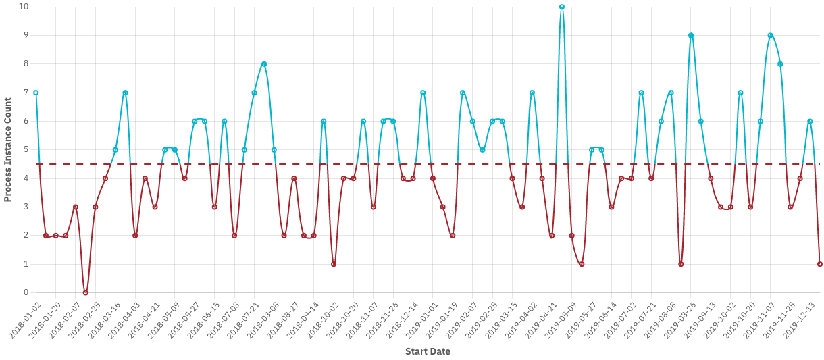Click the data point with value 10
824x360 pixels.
pyautogui.click(x=561, y=7)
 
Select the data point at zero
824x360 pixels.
pyautogui.click(x=85, y=292)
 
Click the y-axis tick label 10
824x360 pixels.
pyautogui.click(x=24, y=7)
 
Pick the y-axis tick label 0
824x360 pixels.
pyautogui.click(x=26, y=292)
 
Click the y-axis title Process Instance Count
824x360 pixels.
pyautogui.click(x=8, y=150)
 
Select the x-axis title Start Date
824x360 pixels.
pyautogui.click(x=428, y=351)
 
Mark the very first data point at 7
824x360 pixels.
pyautogui.click(x=36, y=93)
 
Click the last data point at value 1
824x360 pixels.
pyautogui.click(x=819, y=264)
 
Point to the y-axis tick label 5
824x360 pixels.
pyautogui.click(x=26, y=150)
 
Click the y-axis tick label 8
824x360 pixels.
pyautogui.click(x=26, y=64)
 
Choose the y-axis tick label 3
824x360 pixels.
pyautogui.click(x=26, y=207)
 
